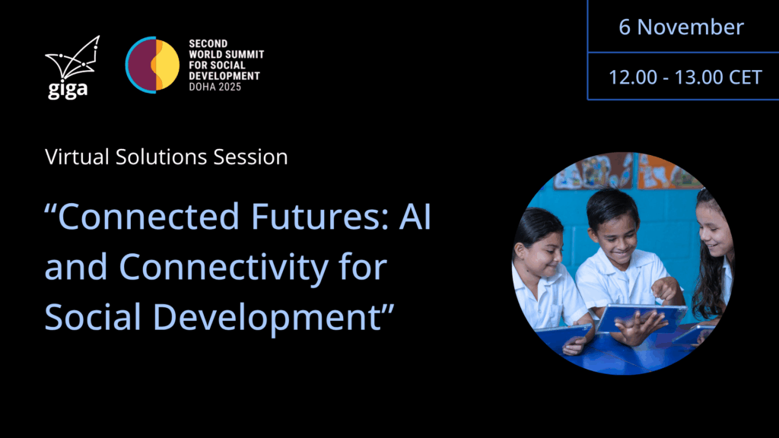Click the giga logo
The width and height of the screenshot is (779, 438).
72,67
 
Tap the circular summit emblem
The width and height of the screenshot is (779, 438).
152,65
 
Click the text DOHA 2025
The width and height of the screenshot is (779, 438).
215,87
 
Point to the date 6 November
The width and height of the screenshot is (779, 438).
681,27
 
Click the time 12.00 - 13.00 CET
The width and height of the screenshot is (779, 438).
685,77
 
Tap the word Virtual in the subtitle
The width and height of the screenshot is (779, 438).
77,157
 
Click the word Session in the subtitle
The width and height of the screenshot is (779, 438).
250,157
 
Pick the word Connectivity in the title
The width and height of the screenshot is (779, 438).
224,268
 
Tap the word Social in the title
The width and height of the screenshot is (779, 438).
93,316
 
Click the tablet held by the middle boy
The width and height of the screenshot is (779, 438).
641,317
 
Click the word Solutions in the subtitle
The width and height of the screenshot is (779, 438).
161,157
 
